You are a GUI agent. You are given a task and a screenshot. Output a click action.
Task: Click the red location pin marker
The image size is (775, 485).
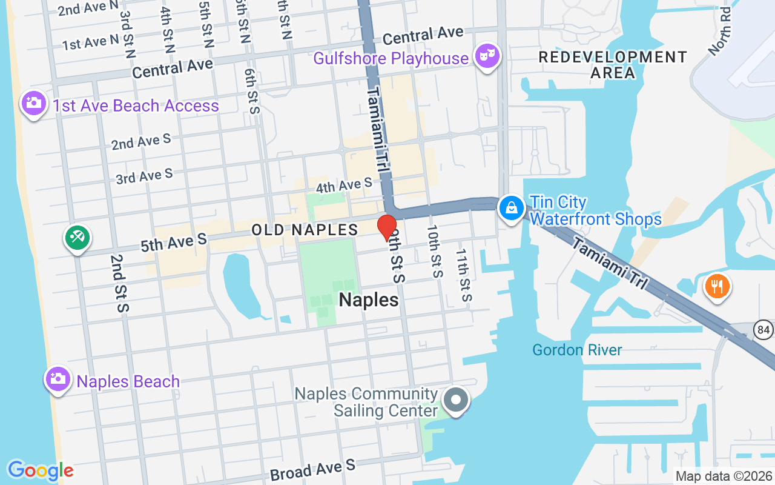click(x=386, y=227)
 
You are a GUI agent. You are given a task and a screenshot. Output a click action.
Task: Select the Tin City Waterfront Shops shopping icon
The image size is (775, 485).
click(x=512, y=209)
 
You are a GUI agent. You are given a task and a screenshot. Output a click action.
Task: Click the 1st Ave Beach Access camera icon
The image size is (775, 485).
click(x=33, y=104)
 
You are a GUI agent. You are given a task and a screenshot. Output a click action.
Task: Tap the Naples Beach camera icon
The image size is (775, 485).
click(x=58, y=380)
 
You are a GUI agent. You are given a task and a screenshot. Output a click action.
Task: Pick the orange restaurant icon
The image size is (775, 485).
click(x=717, y=286)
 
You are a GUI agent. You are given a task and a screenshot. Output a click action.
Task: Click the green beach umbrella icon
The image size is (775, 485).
click(x=77, y=238)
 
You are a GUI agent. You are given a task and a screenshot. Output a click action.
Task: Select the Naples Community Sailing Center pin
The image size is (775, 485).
click(x=457, y=401)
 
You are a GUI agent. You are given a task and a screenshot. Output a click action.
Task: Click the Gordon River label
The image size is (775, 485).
click(x=577, y=350)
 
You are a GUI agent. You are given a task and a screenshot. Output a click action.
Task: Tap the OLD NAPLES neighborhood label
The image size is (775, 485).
click(x=305, y=230)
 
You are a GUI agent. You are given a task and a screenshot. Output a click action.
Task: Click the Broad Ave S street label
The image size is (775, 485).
click(x=313, y=469)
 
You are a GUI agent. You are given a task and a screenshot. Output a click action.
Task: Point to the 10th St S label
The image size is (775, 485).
click(x=434, y=251)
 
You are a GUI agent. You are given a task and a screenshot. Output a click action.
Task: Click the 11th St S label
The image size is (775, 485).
click(x=463, y=275)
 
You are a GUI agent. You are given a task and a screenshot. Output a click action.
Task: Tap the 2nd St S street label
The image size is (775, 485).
click(x=119, y=283)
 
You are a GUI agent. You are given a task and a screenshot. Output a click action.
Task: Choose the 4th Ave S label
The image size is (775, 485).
click(x=344, y=186)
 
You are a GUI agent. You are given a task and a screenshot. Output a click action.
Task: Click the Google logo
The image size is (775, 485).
click(x=41, y=470)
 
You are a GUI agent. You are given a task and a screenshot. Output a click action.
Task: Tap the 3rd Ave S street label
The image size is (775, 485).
click(x=144, y=176)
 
